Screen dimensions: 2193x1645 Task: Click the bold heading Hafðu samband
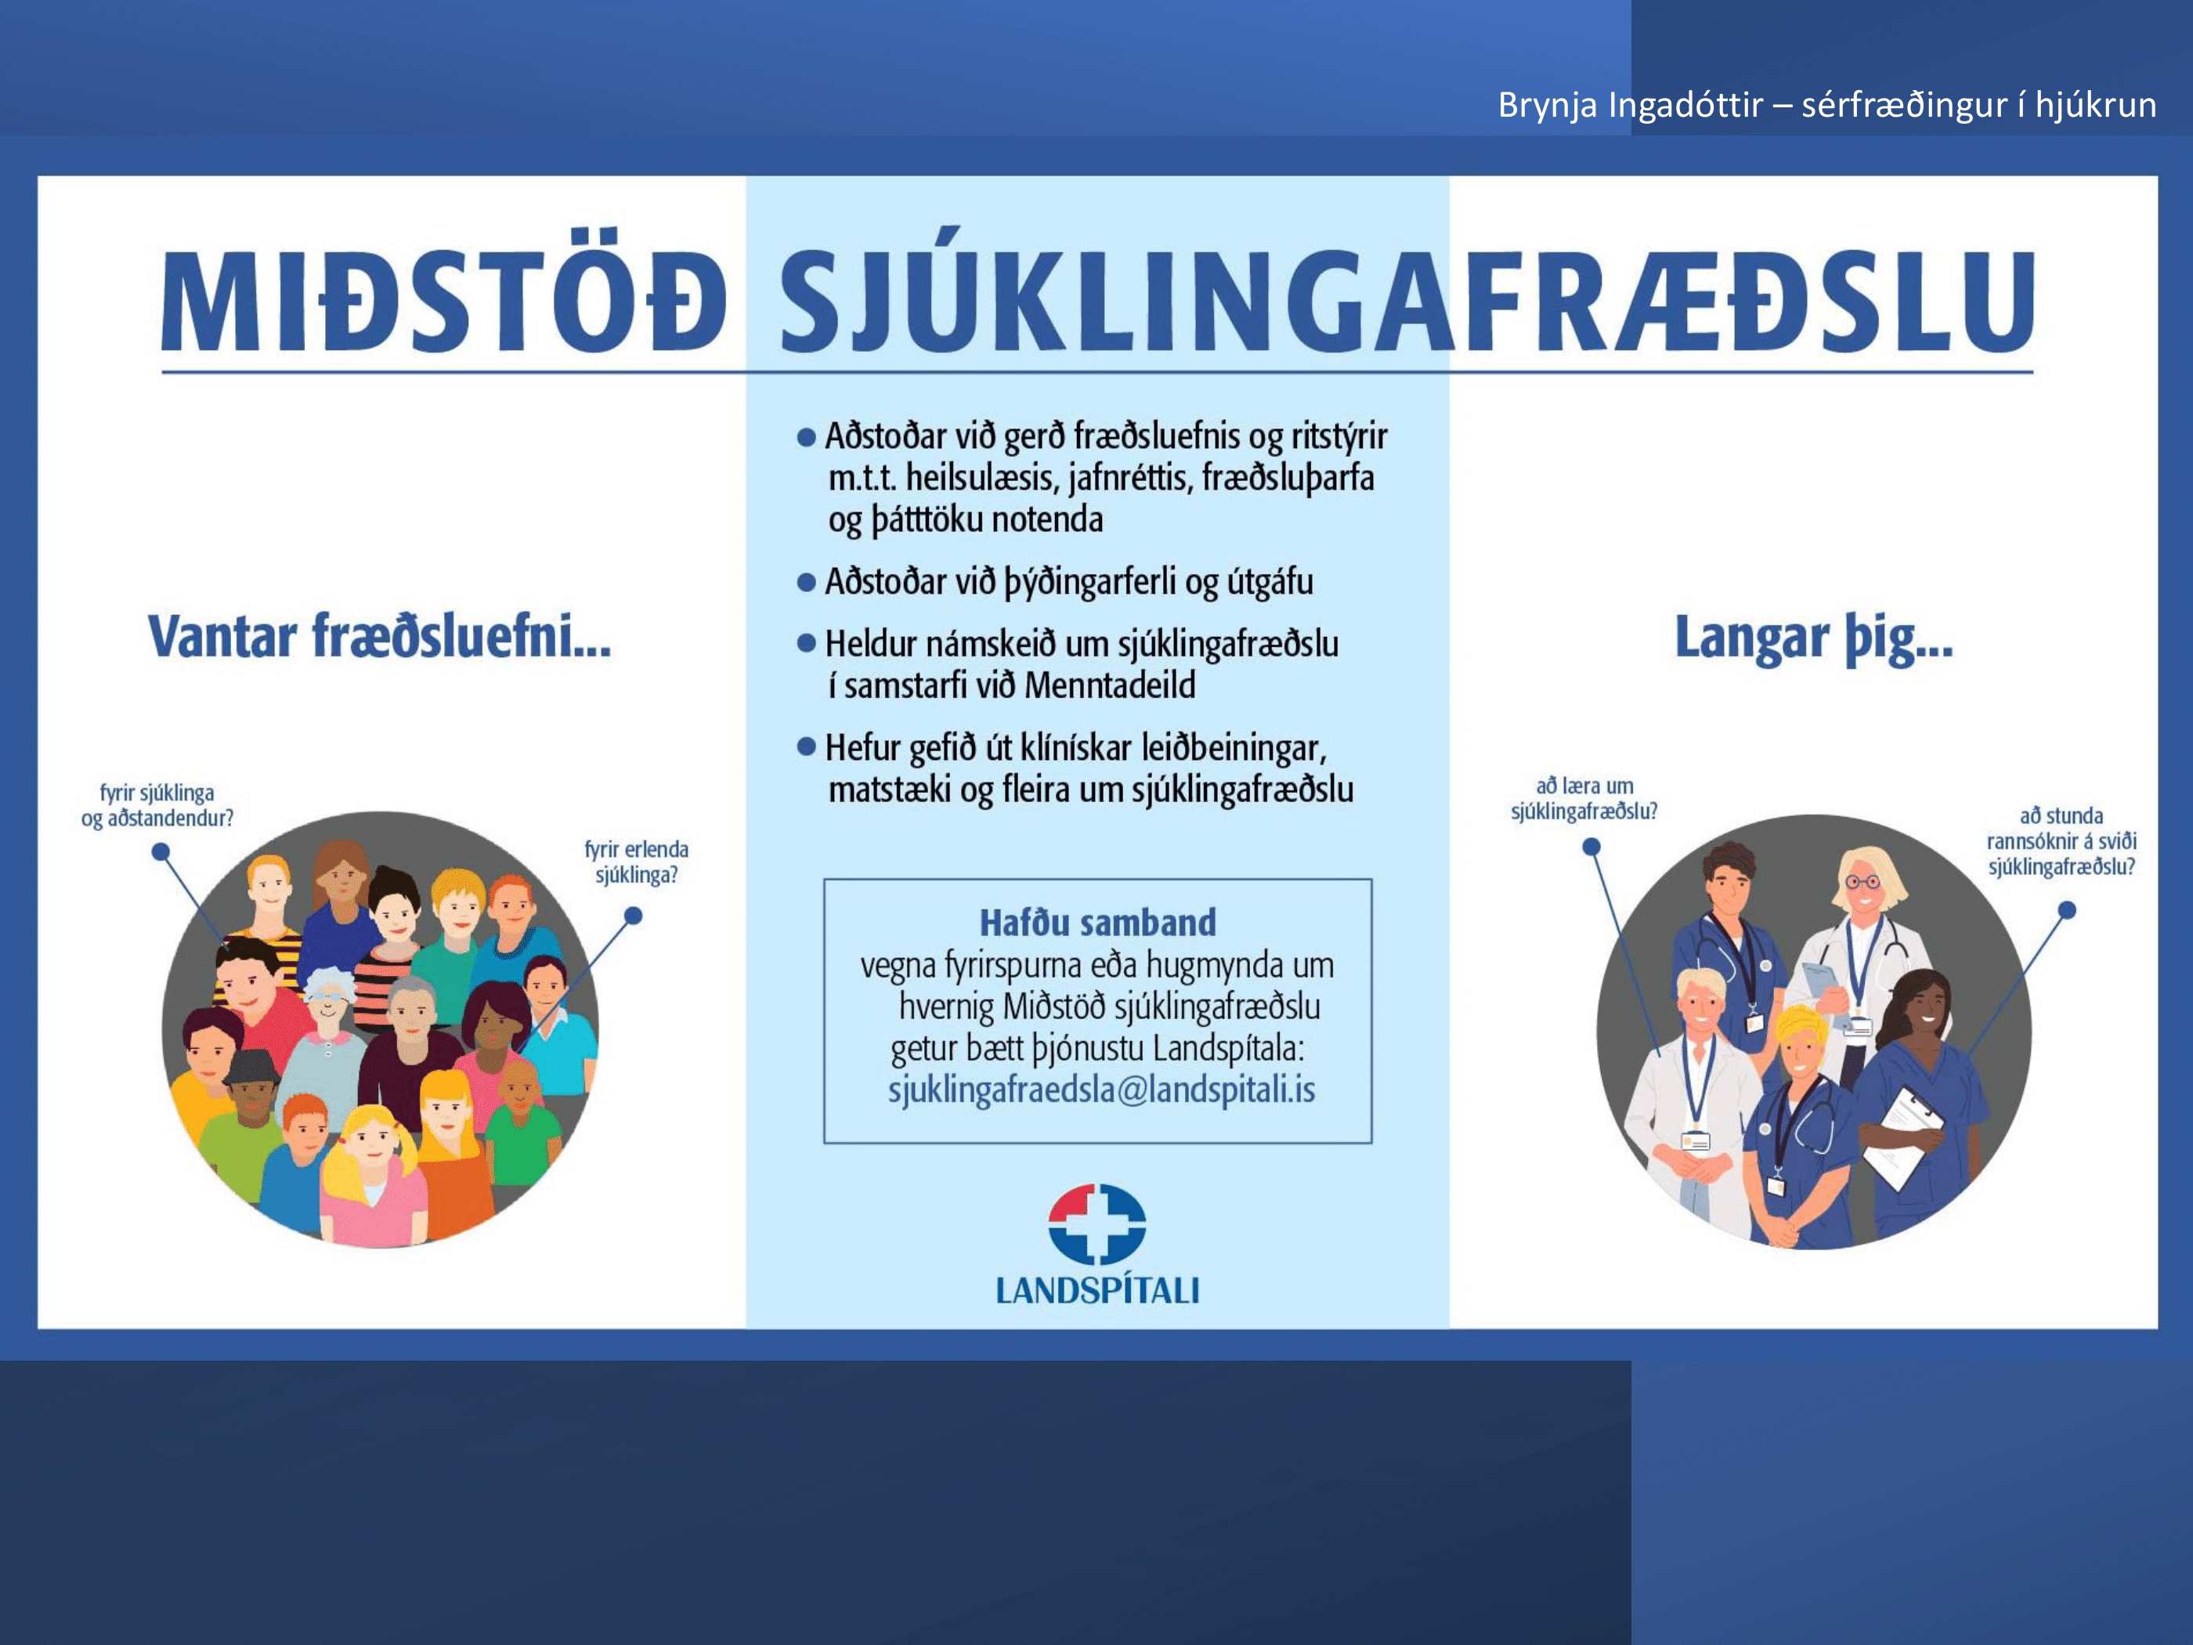[x=1097, y=923]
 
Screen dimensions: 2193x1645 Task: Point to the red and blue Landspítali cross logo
[x=1096, y=1224]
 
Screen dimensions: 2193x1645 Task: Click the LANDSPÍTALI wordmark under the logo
[x=1096, y=1290]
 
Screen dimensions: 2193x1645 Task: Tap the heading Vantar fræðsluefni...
[x=380, y=637]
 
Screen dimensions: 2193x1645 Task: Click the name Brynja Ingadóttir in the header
[x=1630, y=104]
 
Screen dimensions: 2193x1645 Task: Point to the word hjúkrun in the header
[x=2096, y=105]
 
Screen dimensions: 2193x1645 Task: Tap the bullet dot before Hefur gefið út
[x=806, y=747]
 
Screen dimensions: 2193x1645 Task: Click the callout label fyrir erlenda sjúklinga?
[x=635, y=862]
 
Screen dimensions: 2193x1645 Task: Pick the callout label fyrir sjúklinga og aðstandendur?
[x=157, y=805]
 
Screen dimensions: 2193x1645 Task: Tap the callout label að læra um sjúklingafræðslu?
[x=1584, y=798]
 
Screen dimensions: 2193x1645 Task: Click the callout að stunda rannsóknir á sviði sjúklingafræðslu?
[x=2061, y=841]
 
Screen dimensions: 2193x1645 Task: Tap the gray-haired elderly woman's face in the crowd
[x=328, y=1001]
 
